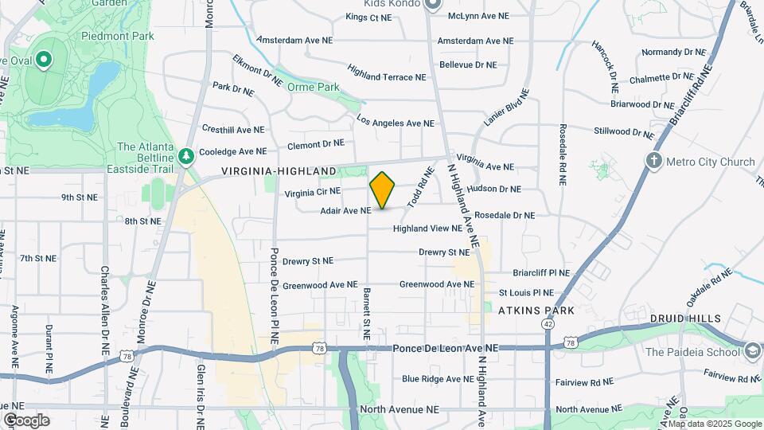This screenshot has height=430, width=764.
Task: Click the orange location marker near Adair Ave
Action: (x=382, y=190)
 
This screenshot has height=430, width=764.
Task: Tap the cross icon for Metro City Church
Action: (x=653, y=162)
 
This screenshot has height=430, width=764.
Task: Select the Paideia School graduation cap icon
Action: (x=752, y=351)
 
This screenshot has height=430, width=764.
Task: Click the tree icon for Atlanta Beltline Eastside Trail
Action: (x=186, y=156)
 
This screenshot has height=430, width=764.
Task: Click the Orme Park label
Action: (x=313, y=87)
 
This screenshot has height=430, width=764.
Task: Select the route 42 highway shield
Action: (x=548, y=324)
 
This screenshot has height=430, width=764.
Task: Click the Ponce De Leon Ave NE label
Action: (x=446, y=349)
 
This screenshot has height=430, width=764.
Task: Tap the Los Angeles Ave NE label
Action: (x=396, y=123)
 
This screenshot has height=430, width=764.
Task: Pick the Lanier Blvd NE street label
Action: (x=506, y=107)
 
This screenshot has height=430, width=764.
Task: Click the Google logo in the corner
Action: (x=26, y=420)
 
